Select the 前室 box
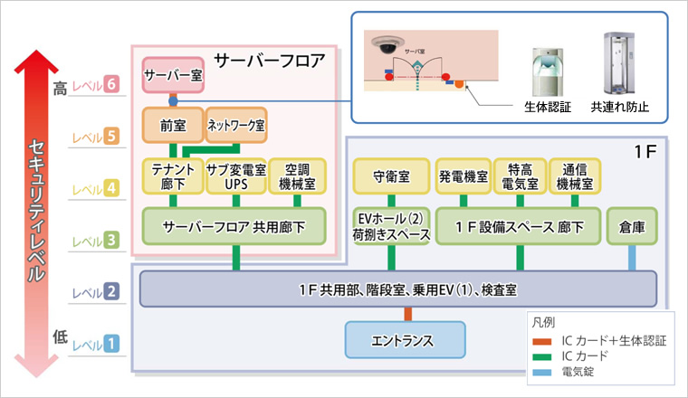[173, 123]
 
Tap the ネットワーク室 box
[236, 123]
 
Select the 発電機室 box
[463, 175]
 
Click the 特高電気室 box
[520, 175]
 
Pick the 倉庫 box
[632, 227]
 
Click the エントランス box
[405, 340]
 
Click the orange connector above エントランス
[408, 314]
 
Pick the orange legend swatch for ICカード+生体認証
[543, 341]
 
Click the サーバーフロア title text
[268, 61]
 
